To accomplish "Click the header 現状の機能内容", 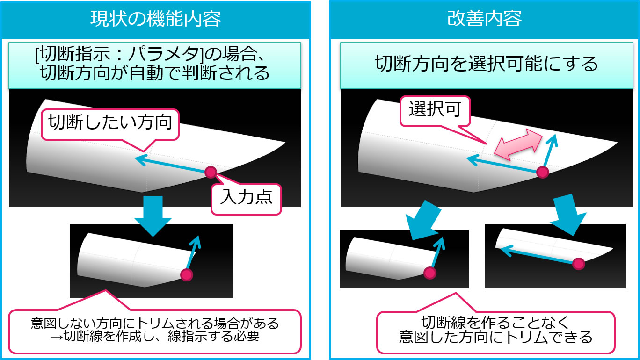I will click(x=156, y=20).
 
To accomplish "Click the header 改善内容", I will click(x=484, y=20).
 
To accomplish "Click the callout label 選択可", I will click(x=435, y=109).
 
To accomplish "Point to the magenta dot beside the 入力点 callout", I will click(x=211, y=172).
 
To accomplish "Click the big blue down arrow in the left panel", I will click(x=152, y=215).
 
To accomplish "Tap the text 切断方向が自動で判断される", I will click(x=155, y=73).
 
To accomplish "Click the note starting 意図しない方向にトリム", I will click(x=155, y=323).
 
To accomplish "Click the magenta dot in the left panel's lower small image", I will click(x=187, y=275).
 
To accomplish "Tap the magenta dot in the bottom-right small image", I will click(x=579, y=264).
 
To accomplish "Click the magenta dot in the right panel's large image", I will click(x=542, y=172).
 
